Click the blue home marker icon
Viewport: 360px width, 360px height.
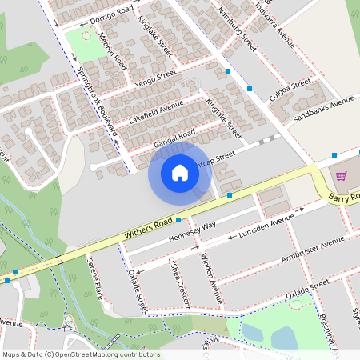180,172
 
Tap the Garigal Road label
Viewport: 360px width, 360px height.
174,138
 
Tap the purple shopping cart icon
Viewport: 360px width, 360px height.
341,176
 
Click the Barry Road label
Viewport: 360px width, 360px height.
345,197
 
